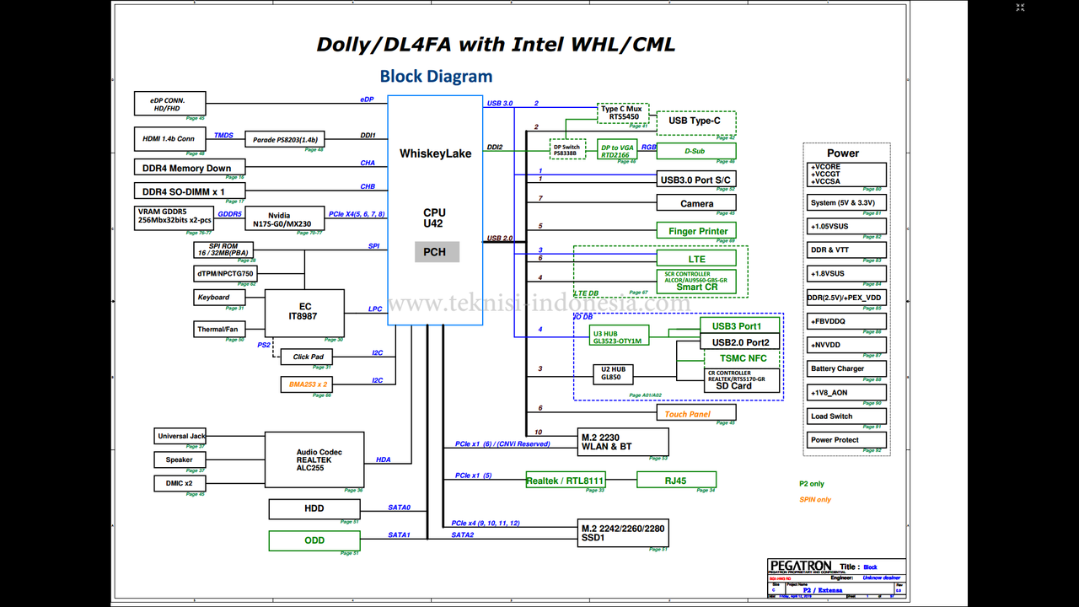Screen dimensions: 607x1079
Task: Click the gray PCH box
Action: [437, 252]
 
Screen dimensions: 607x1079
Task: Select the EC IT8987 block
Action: [304, 312]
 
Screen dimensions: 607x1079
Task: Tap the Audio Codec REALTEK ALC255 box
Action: [314, 459]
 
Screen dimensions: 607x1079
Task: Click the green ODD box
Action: [314, 540]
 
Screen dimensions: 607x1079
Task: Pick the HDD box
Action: [314, 508]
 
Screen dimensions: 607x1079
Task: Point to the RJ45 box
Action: [676, 481]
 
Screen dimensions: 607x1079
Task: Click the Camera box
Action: [696, 203]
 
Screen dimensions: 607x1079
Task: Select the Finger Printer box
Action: [696, 231]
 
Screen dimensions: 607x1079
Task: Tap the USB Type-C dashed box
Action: [695, 121]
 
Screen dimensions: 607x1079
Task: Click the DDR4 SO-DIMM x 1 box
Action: [190, 191]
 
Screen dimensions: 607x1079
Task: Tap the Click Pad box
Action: [308, 357]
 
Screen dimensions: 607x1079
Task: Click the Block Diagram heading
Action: [436, 76]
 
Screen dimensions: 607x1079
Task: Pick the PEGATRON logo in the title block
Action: [800, 566]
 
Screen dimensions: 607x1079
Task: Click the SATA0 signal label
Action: [399, 508]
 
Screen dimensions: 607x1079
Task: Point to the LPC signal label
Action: [375, 309]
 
